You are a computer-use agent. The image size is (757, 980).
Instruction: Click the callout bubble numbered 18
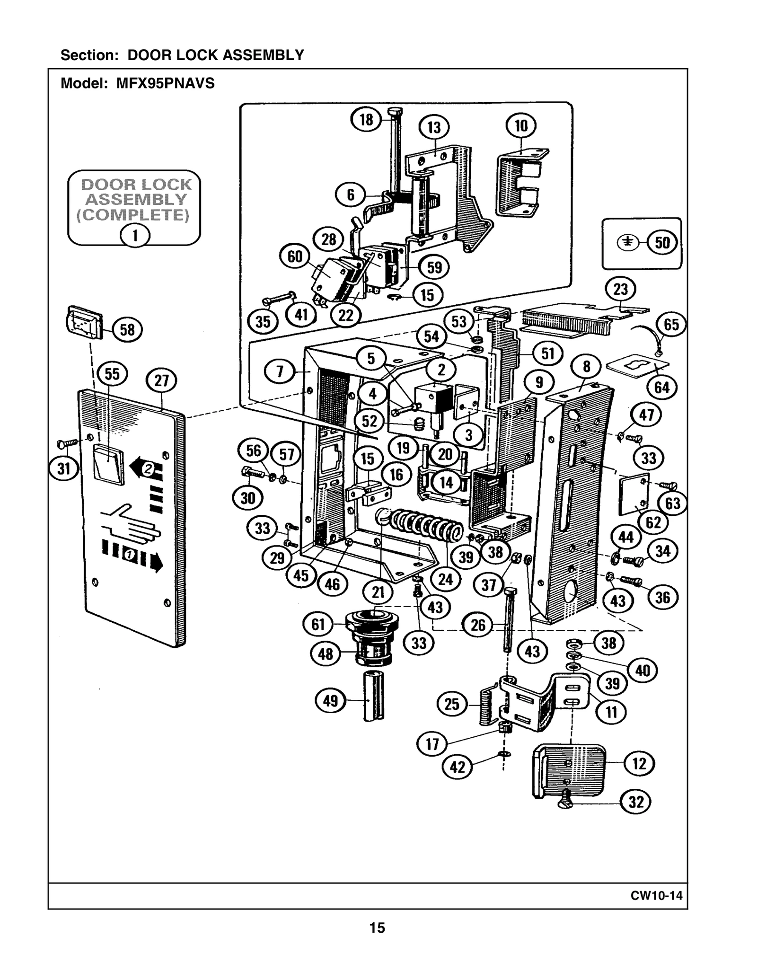tap(366, 119)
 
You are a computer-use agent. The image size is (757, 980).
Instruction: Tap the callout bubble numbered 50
tap(662, 242)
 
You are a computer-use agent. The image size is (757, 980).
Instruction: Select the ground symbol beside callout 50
tap(627, 242)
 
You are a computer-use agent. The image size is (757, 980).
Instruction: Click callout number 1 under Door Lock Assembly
tap(135, 235)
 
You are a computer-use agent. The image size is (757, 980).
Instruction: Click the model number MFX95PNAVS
tap(166, 84)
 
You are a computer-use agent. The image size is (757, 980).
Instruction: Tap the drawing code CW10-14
tap(656, 895)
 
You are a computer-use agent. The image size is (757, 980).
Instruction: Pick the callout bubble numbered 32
tap(635, 802)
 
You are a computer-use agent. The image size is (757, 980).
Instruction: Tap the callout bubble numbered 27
tap(161, 381)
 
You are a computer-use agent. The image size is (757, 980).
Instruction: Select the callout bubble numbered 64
tap(661, 388)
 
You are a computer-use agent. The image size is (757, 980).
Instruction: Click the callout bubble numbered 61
tap(318, 625)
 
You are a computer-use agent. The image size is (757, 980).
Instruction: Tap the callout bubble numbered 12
tap(639, 763)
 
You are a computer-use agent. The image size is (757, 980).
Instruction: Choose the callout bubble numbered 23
tap(620, 289)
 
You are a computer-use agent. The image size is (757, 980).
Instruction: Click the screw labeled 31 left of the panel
tap(68, 443)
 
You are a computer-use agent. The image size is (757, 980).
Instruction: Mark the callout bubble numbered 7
tap(280, 371)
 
